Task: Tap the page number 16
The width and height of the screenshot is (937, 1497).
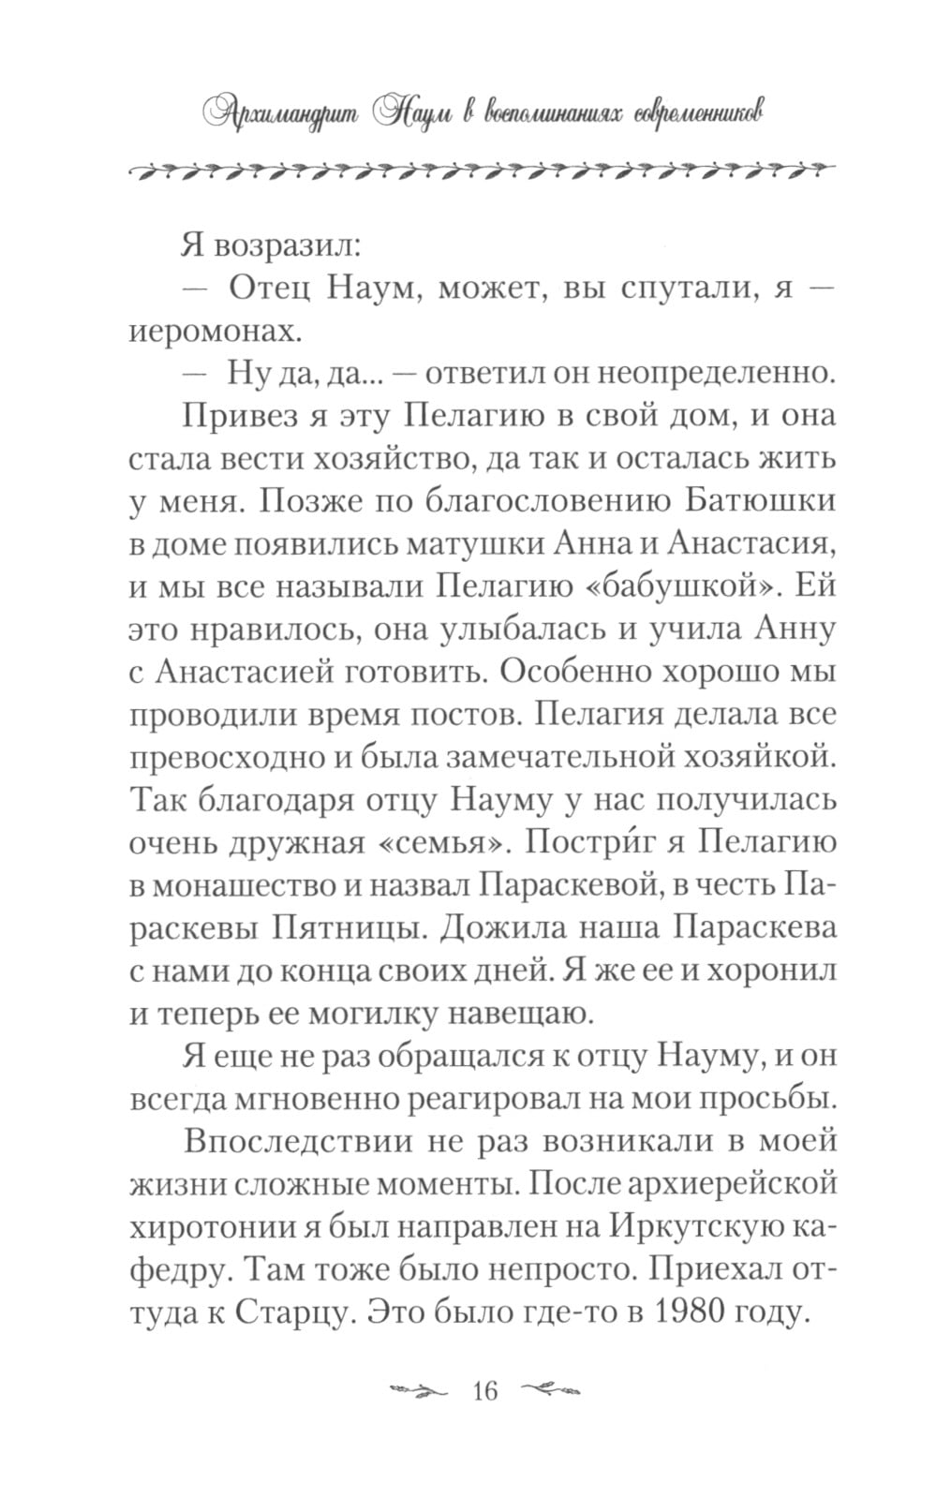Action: (x=485, y=1389)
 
